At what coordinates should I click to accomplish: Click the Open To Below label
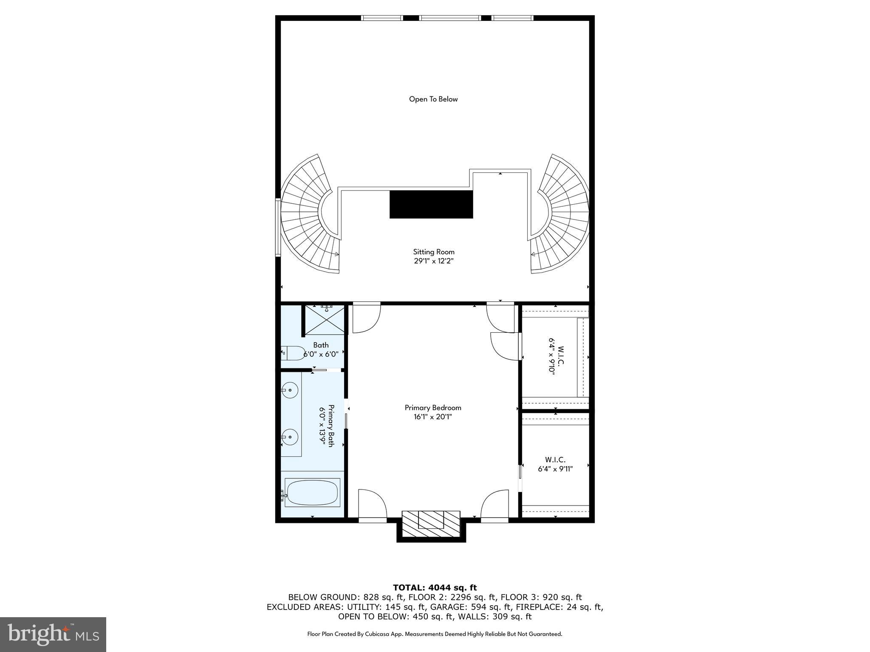click(433, 99)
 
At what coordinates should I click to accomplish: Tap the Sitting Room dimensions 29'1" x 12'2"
click(434, 261)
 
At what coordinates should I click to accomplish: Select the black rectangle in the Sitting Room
click(431, 204)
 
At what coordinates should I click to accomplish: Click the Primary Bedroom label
click(433, 407)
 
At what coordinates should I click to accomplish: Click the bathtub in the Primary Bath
click(312, 493)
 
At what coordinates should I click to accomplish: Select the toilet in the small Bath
click(292, 353)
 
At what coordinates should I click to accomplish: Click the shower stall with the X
click(325, 319)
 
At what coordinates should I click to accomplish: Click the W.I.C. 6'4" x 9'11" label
click(555, 464)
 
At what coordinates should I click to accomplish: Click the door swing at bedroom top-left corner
click(365, 318)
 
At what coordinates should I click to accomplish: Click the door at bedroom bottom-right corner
click(495, 504)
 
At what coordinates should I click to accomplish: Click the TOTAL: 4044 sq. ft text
click(435, 587)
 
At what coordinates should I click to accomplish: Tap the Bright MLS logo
click(53, 634)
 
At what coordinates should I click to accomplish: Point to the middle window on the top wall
click(450, 18)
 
